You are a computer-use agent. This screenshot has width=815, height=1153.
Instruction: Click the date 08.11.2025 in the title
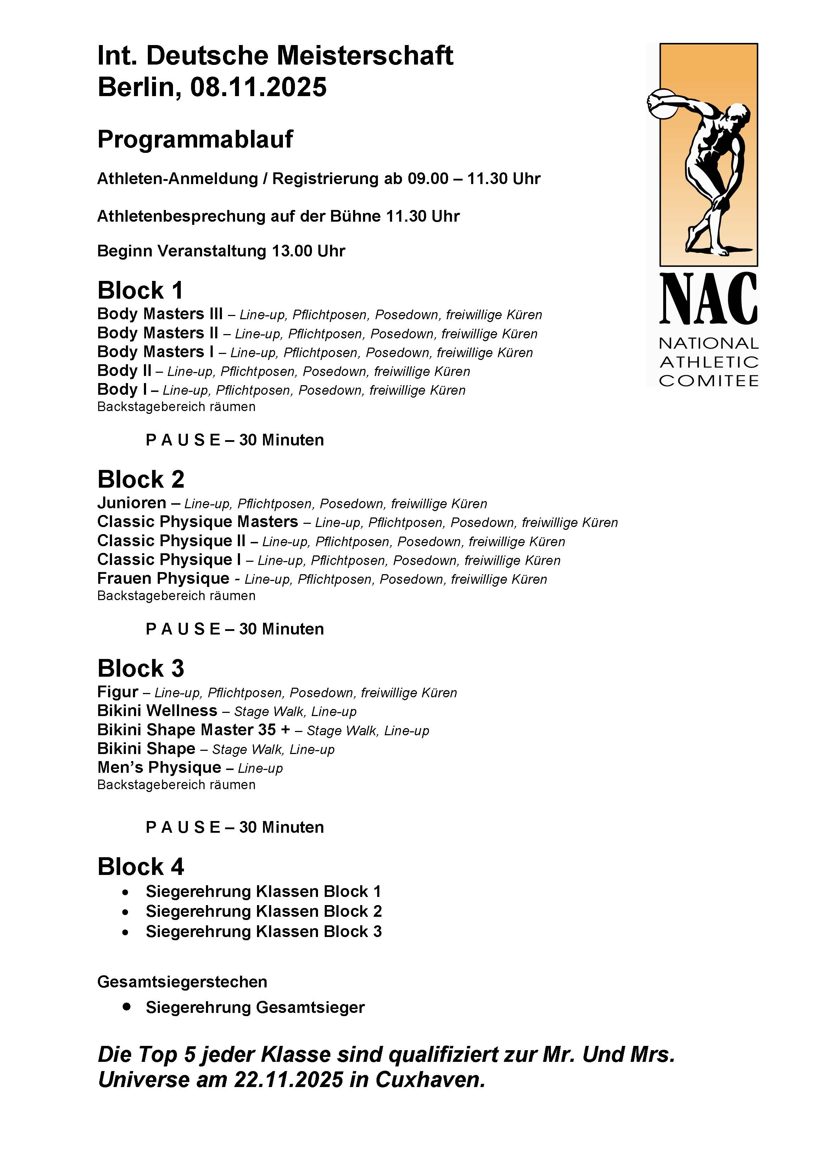258,87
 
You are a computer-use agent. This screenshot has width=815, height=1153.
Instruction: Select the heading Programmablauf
195,140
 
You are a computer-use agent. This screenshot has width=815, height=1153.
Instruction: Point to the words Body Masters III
160,314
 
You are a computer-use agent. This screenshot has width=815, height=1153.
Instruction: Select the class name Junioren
132,503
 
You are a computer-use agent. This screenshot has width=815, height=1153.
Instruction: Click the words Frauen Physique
163,578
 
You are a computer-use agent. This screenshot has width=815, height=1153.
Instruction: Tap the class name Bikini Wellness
157,711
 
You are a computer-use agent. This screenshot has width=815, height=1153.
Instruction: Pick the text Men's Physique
159,767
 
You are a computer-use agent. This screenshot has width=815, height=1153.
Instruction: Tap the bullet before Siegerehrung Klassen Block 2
125,912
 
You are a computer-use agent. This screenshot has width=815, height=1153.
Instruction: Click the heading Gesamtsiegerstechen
182,982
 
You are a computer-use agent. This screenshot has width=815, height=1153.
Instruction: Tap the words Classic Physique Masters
198,522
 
